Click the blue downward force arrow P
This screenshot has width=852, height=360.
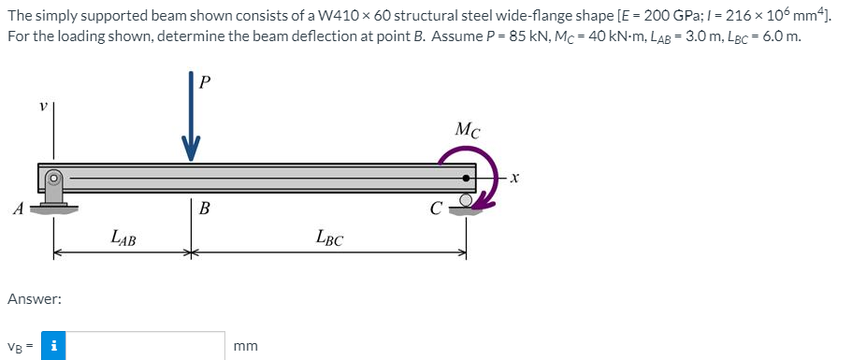click(x=191, y=122)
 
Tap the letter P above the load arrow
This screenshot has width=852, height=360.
click(x=206, y=81)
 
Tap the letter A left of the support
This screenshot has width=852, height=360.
click(x=18, y=209)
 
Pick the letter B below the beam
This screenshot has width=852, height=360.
click(x=203, y=209)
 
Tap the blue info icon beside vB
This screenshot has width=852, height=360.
click(x=55, y=345)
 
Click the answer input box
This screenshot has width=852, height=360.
click(x=145, y=345)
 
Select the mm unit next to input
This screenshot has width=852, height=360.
click(x=246, y=346)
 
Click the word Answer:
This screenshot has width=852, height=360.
click(x=35, y=299)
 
